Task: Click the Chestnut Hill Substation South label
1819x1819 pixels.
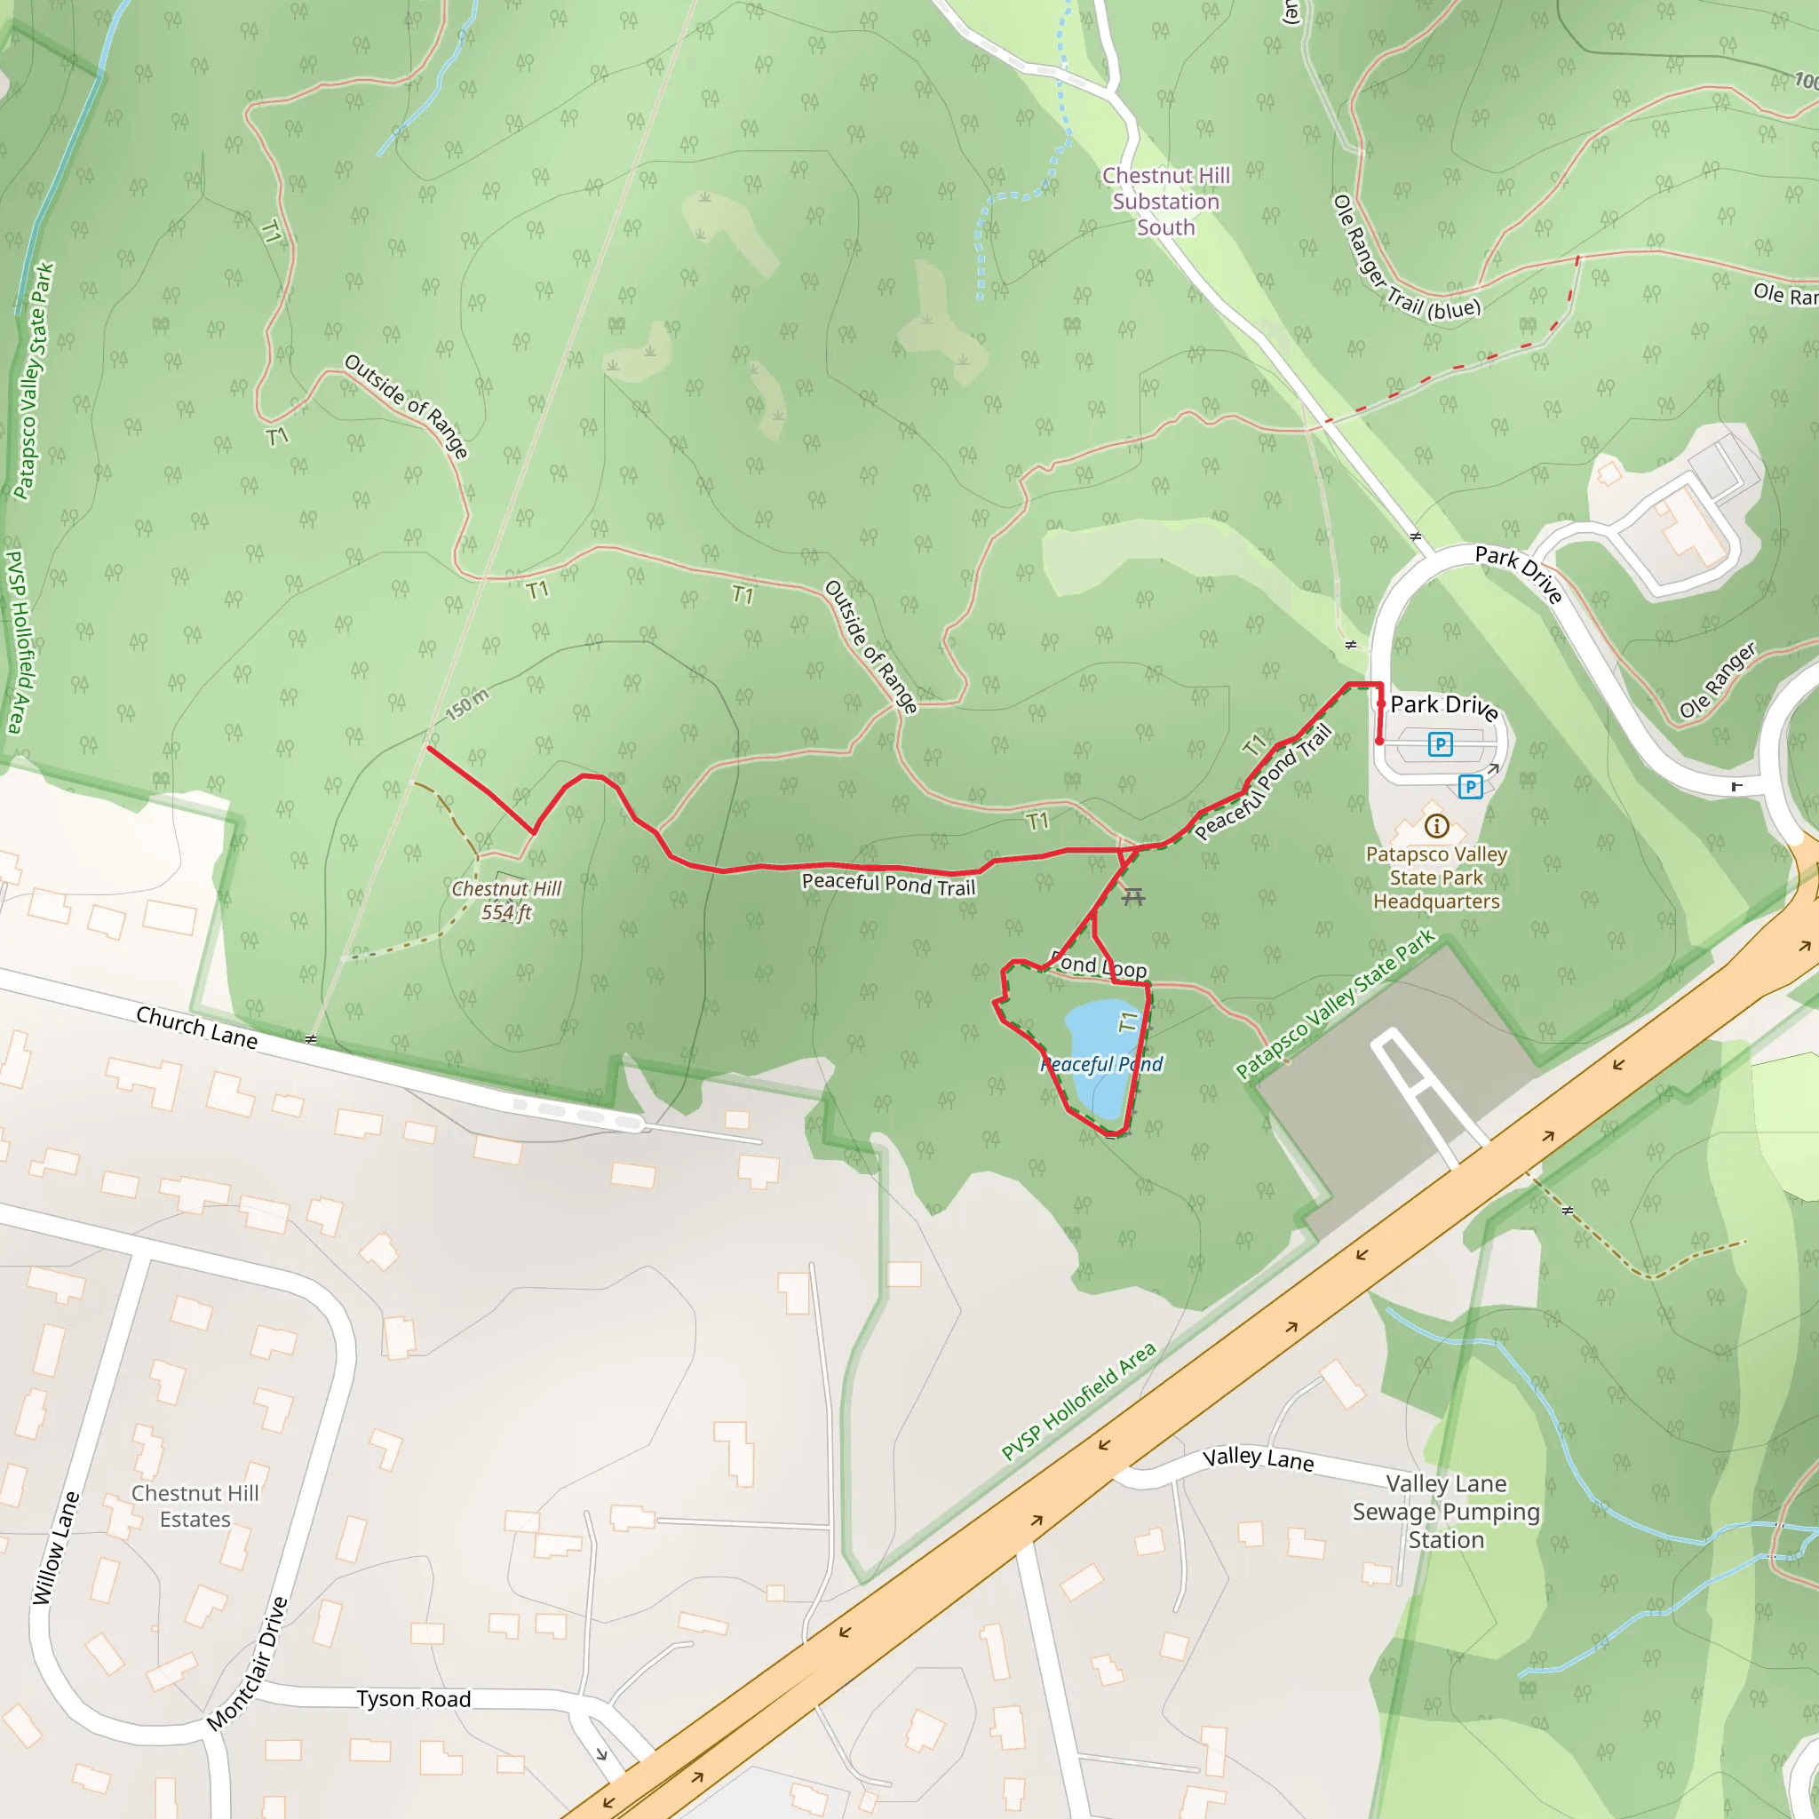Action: click(x=1165, y=202)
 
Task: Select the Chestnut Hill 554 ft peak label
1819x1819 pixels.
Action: click(x=506, y=900)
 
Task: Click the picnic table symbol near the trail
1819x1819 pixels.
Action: click(x=1133, y=896)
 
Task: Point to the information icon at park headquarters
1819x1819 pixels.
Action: click(x=1436, y=827)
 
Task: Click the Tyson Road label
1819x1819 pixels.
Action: click(x=413, y=1698)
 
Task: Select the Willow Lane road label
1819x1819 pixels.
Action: click(x=56, y=1548)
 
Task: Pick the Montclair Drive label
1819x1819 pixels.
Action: click(x=247, y=1664)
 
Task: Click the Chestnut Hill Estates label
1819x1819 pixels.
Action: click(x=195, y=1506)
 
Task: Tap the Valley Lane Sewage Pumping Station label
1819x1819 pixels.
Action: click(x=1446, y=1512)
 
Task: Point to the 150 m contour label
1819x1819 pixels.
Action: click(x=468, y=703)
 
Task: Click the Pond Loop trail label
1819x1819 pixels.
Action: click(x=1099, y=966)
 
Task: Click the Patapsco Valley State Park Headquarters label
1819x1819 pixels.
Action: click(x=1437, y=878)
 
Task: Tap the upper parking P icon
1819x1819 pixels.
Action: click(x=1440, y=744)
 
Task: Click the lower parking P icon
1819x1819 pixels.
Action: click(x=1470, y=786)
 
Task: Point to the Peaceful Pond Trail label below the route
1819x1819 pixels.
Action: click(x=888, y=885)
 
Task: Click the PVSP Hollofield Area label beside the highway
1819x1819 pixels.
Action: click(x=1078, y=1402)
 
